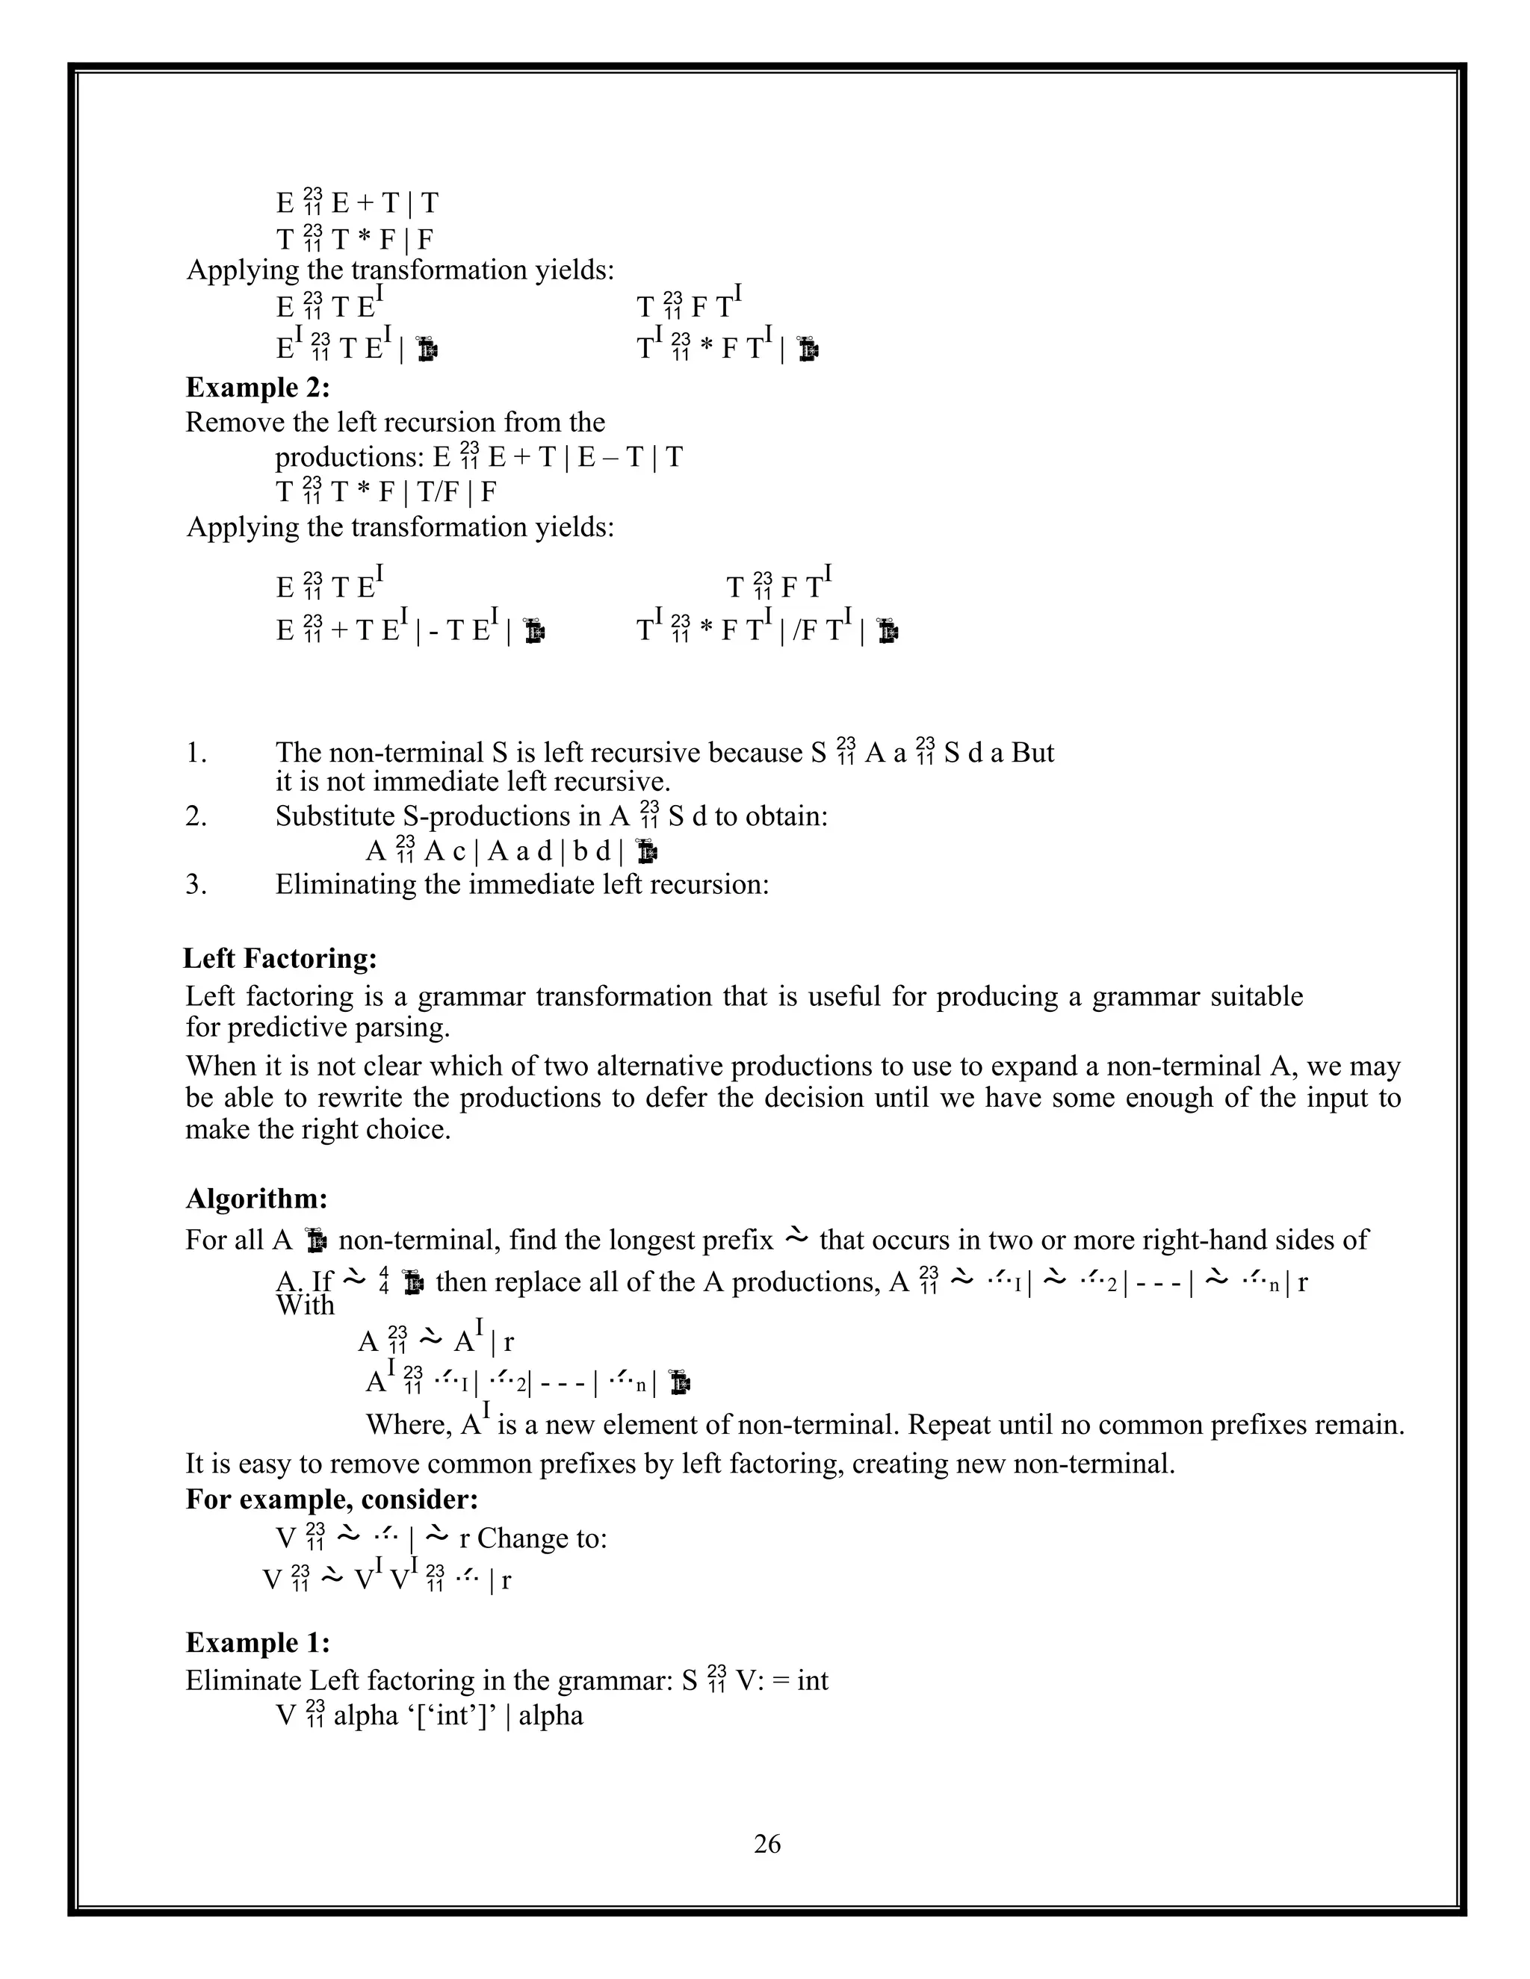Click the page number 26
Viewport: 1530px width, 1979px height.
click(766, 1844)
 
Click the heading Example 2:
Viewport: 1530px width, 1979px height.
click(258, 388)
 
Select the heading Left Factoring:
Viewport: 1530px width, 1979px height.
click(280, 958)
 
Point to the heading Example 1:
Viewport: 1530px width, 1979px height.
click(258, 1642)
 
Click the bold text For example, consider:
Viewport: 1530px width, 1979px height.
click(332, 1499)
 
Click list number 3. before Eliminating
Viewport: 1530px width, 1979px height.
click(196, 884)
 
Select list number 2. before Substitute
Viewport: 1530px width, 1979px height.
click(196, 816)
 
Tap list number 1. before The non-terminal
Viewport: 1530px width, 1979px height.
click(196, 753)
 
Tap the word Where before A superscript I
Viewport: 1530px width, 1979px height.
click(408, 1426)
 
